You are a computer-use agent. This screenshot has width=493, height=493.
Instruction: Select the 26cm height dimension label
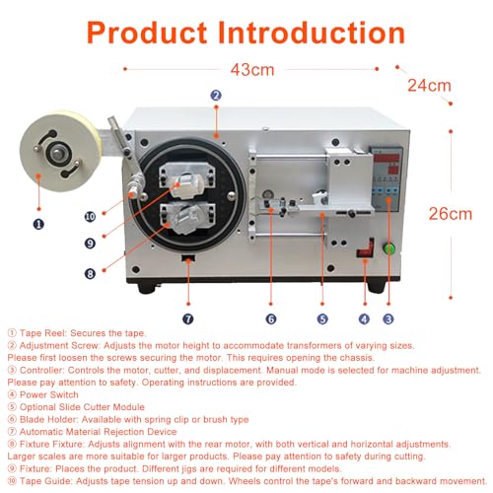click(x=429, y=213)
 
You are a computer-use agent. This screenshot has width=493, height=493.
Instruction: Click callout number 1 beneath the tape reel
click(x=38, y=224)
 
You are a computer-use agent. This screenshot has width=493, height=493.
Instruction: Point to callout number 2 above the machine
click(x=216, y=95)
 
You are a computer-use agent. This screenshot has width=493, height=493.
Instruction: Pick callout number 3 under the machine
click(x=388, y=318)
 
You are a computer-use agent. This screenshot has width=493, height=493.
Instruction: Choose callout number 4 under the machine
click(x=363, y=318)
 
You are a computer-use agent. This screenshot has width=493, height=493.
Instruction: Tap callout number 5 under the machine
click(x=321, y=318)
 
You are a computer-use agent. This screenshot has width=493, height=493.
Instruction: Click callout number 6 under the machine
click(x=270, y=318)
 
